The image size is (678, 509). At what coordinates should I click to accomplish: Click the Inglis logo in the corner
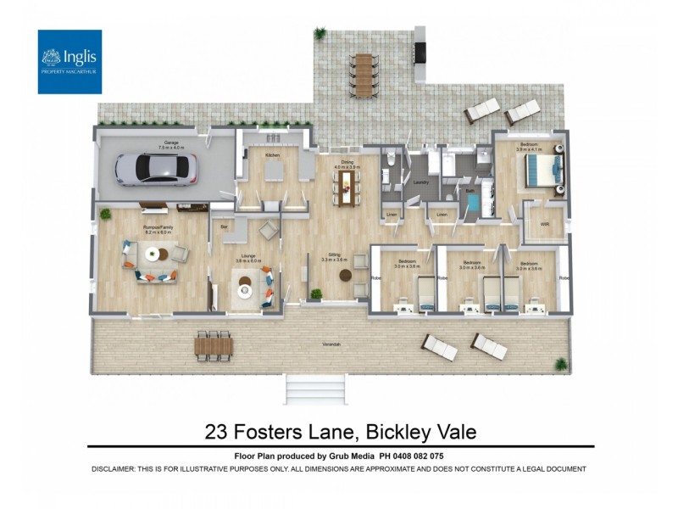[x=69, y=61]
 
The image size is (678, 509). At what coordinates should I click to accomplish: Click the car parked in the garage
[x=155, y=168]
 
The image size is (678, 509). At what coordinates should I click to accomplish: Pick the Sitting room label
[x=334, y=255]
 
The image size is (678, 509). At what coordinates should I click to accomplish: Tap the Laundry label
[x=420, y=182]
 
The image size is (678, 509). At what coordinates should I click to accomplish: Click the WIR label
[x=545, y=224]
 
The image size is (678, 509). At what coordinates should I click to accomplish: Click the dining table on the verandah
[x=213, y=344]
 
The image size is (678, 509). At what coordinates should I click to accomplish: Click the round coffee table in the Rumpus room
[x=153, y=253]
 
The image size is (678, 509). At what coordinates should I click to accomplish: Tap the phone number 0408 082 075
[x=412, y=456]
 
